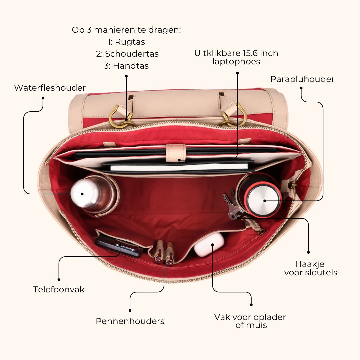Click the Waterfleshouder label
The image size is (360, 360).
[x=50, y=88]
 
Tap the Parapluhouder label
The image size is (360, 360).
[x=302, y=79]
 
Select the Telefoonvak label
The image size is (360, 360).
[x=59, y=290]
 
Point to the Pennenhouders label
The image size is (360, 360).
[x=130, y=321]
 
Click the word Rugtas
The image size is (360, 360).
[x=130, y=42]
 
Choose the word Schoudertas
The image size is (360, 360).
[x=132, y=54]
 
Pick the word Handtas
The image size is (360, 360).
[x=131, y=66]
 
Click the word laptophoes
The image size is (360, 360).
[x=236, y=62]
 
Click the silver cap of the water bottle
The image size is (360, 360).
[x=82, y=193]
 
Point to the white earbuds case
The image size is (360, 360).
[x=209, y=244]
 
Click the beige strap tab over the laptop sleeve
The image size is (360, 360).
[x=176, y=153]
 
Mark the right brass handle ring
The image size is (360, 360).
[x=234, y=116]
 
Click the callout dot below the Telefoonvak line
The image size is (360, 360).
[x=59, y=280]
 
